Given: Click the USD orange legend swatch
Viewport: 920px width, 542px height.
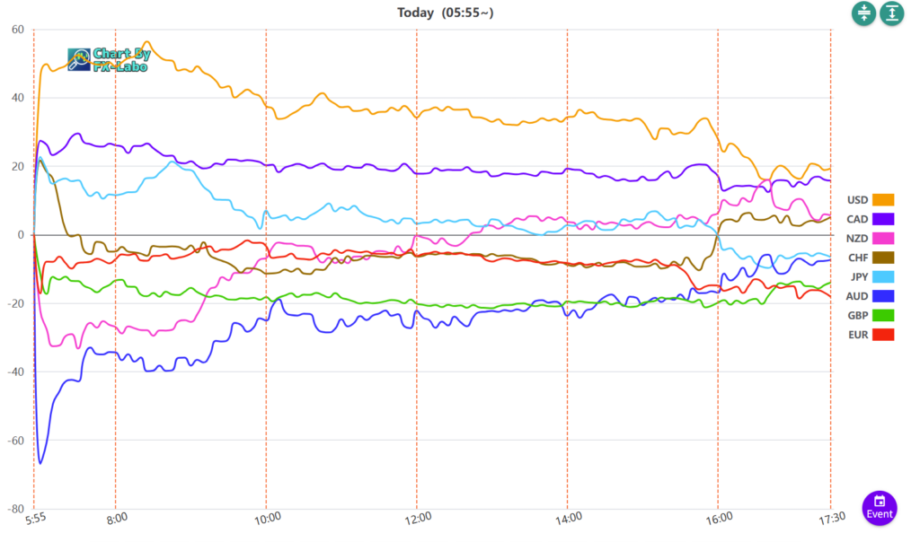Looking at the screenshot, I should (883, 199).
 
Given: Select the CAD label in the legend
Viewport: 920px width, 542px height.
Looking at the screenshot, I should (857, 219).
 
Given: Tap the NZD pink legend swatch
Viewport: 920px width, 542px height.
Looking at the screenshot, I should (883, 238).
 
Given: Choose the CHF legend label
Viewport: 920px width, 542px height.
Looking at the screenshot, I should (857, 258).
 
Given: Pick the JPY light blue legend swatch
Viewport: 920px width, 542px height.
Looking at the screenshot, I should (883, 276).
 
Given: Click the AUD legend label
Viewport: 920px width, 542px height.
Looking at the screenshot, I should (857, 296).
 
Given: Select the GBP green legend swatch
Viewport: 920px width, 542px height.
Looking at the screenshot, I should (883, 315).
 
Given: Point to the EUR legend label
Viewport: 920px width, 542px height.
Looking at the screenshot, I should (857, 335).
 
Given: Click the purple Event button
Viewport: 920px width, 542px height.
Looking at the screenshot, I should (880, 508).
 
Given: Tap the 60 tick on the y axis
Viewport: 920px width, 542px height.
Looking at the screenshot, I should (17, 30).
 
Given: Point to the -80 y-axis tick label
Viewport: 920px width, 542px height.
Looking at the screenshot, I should (15, 509).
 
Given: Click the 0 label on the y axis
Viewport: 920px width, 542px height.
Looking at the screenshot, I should (20, 235).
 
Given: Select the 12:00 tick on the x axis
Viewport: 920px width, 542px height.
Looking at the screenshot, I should (418, 517).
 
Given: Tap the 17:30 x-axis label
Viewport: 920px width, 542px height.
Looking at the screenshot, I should (830, 517).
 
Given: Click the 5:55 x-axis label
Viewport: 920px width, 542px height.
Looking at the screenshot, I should (34, 517).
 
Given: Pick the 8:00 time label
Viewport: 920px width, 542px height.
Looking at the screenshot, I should (117, 517).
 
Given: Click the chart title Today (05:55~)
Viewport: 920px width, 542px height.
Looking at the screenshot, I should (446, 13).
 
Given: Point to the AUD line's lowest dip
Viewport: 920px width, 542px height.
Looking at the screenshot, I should (40, 463).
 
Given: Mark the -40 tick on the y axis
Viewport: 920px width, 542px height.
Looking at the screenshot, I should (15, 372).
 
